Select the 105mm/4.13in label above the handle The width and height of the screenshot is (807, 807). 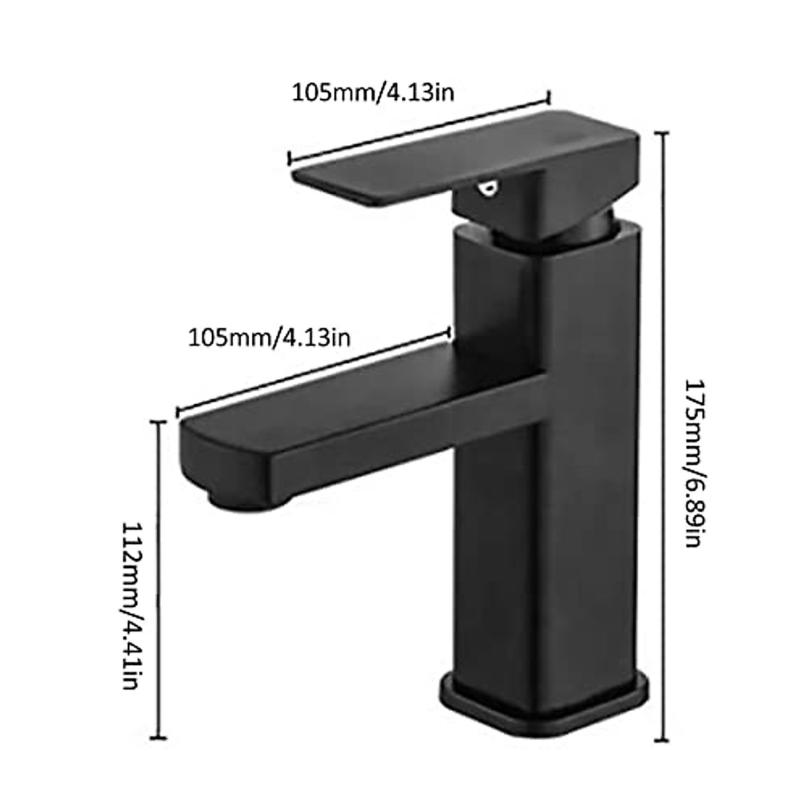(x=372, y=91)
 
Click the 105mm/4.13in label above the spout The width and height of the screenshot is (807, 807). (x=268, y=336)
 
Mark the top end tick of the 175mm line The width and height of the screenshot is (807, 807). (x=666, y=134)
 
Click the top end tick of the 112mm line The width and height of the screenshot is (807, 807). (x=159, y=422)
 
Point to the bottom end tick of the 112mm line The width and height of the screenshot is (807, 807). (x=159, y=738)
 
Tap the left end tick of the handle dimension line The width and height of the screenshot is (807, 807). (x=289, y=158)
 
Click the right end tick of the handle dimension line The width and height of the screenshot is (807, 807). (x=549, y=98)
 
